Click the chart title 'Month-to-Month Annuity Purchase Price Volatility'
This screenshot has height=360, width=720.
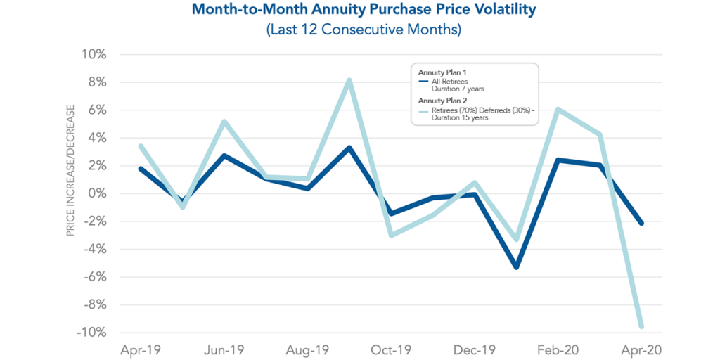[359, 11]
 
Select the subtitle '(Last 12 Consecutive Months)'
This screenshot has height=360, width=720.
[359, 30]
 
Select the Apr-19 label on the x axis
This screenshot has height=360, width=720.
[141, 349]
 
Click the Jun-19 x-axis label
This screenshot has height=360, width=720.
[224, 349]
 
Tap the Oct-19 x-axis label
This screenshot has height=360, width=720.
[391, 349]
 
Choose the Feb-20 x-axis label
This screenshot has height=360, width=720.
[558, 349]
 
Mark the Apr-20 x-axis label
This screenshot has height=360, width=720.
[641, 349]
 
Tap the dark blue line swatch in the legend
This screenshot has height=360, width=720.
[423, 81]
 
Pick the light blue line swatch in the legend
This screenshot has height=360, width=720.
[423, 110]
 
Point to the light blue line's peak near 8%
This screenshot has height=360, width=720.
[349, 81]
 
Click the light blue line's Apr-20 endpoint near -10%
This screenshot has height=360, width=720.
[641, 326]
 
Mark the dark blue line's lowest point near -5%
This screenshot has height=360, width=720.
[516, 267]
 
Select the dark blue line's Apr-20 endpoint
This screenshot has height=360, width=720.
[641, 223]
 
